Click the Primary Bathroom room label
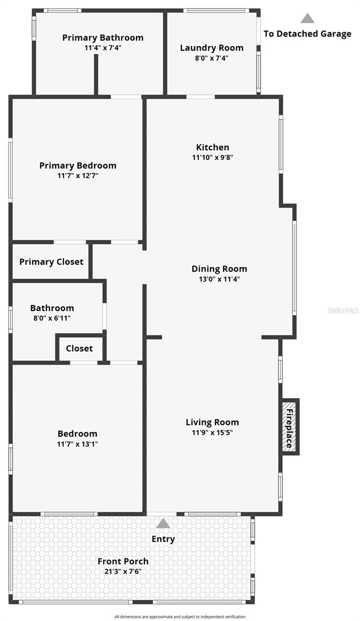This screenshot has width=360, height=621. [103, 38]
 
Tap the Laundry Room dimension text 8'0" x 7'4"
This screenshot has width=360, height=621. [212, 58]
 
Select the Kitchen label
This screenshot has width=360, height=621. [213, 147]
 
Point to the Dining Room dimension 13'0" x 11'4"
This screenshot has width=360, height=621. [219, 279]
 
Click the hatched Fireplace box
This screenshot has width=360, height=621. [289, 426]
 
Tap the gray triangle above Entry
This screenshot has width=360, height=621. [163, 523]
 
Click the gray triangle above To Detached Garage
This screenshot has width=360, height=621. [308, 18]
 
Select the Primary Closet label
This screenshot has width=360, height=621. [51, 262]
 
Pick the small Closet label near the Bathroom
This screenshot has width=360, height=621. [79, 348]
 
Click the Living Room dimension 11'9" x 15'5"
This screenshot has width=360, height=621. [212, 432]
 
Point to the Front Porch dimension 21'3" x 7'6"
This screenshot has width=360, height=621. [123, 571]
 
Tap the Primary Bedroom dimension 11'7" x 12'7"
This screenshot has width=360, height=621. [78, 175]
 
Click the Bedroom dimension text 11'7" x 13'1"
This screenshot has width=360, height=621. [78, 444]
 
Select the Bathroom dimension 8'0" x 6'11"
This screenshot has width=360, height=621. [52, 318]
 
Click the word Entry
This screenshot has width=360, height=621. [163, 539]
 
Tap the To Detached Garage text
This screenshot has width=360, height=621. [308, 34]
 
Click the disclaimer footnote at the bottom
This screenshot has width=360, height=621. [180, 617]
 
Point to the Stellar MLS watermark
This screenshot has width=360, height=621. [343, 310]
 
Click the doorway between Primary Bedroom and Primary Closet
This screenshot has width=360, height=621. [70, 242]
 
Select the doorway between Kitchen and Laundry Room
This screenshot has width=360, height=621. [201, 97]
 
